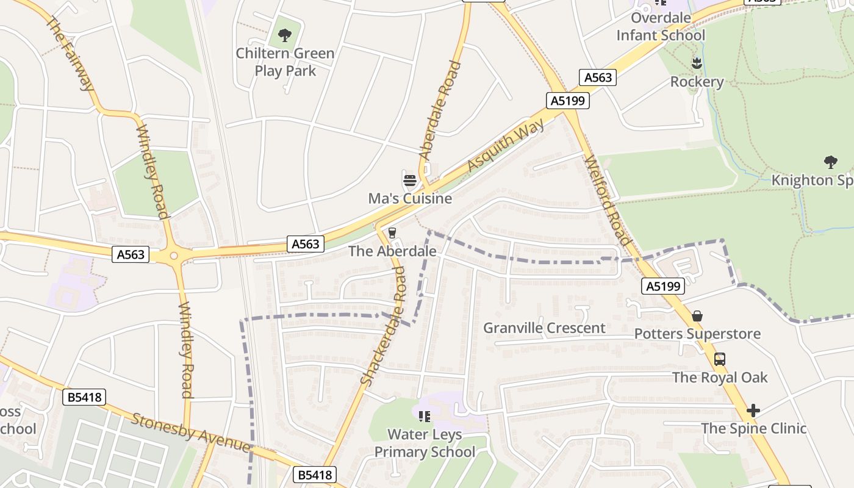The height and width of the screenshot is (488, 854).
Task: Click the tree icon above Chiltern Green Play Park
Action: [x=285, y=35]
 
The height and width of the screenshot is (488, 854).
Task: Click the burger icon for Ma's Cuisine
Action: [x=409, y=181]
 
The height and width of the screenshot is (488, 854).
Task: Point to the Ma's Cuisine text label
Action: [x=410, y=198]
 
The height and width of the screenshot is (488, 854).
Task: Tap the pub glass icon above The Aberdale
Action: [x=392, y=233]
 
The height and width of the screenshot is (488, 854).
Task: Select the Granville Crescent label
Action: [x=544, y=328]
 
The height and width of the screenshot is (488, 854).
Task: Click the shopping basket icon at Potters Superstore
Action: [x=697, y=316]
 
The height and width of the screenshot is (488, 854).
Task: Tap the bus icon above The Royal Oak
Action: [x=720, y=359]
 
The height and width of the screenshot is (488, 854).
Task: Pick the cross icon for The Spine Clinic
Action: [x=753, y=411]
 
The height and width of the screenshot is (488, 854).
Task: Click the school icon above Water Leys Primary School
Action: [x=425, y=417]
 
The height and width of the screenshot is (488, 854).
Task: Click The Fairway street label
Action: [x=71, y=54]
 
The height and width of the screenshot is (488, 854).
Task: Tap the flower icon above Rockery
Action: [x=697, y=63]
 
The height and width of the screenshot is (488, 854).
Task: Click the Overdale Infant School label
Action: [x=661, y=26]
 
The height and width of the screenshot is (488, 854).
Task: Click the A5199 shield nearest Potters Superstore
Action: [x=662, y=286]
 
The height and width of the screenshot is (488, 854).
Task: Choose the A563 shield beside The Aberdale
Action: [x=305, y=244]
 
